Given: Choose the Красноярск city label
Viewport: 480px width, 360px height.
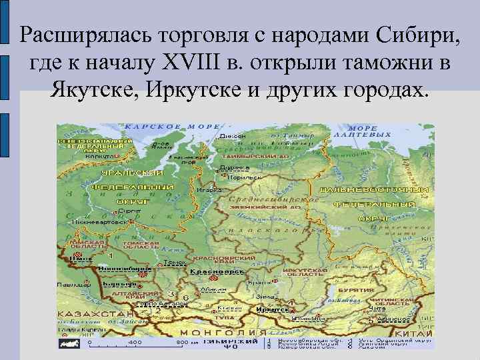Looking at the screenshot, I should pos(210,273).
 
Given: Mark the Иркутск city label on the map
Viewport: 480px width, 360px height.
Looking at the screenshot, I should pos(272,309).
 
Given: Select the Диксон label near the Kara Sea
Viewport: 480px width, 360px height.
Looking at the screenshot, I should pos(233,136).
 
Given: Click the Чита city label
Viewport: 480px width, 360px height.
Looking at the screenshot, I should pos(377,308).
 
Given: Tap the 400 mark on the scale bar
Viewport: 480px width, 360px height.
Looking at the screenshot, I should pos(135,342).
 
